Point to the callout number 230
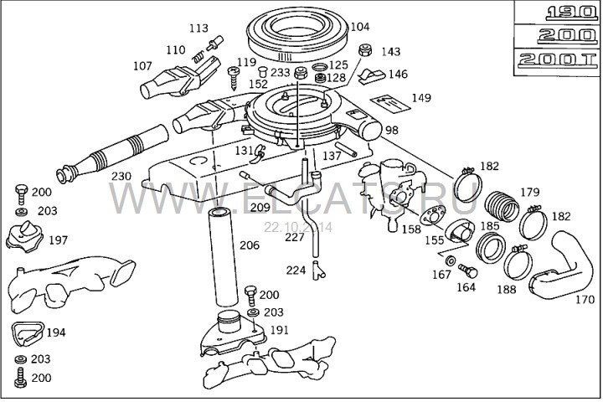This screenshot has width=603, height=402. tap(121, 177)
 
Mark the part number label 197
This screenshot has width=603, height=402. tap(58, 240)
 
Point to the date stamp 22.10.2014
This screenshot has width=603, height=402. tap(298, 227)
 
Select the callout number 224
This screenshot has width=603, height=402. tap(296, 271)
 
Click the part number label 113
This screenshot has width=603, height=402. tap(198, 28)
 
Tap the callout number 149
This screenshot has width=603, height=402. tap(421, 98)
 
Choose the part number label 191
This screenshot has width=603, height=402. tap(279, 330)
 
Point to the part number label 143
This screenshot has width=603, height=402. tap(390, 52)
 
